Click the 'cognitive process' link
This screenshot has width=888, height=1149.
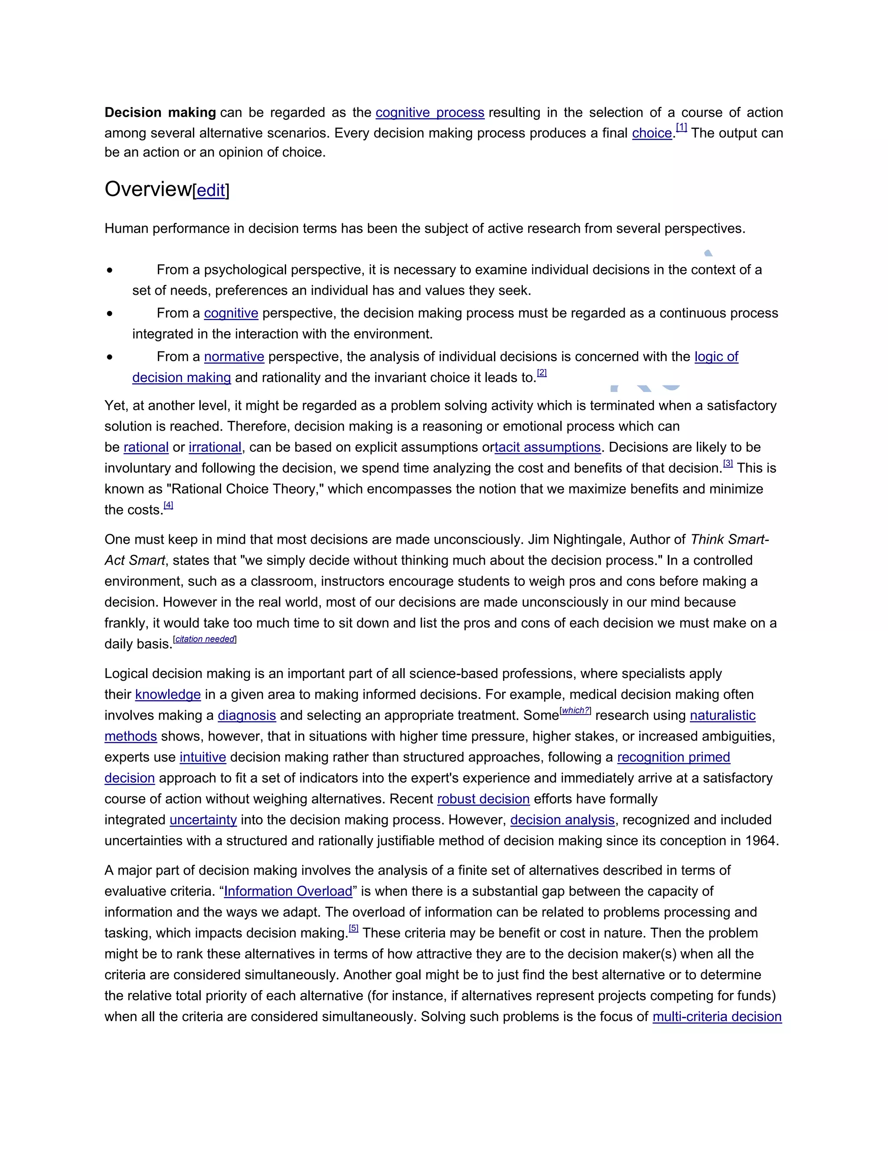[x=430, y=113]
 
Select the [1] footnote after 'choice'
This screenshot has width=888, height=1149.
[x=681, y=127]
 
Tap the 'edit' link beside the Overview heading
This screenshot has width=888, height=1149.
[x=211, y=190]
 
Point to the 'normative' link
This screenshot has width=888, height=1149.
[x=234, y=357]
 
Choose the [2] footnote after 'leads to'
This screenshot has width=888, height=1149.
[x=542, y=372]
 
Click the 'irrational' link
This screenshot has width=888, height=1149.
[x=215, y=447]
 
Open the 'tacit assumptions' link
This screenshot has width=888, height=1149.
[x=548, y=447]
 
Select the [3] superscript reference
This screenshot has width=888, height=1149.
[x=728, y=464]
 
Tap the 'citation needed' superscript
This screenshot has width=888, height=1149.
[x=205, y=639]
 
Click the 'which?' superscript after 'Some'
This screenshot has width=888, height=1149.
[x=575, y=711]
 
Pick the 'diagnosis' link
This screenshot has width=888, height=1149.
[x=247, y=715]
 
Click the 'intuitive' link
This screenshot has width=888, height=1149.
[x=202, y=757]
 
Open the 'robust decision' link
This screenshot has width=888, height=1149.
[x=483, y=799]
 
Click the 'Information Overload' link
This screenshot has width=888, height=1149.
[x=288, y=891]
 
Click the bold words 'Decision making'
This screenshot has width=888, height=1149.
[x=160, y=113]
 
